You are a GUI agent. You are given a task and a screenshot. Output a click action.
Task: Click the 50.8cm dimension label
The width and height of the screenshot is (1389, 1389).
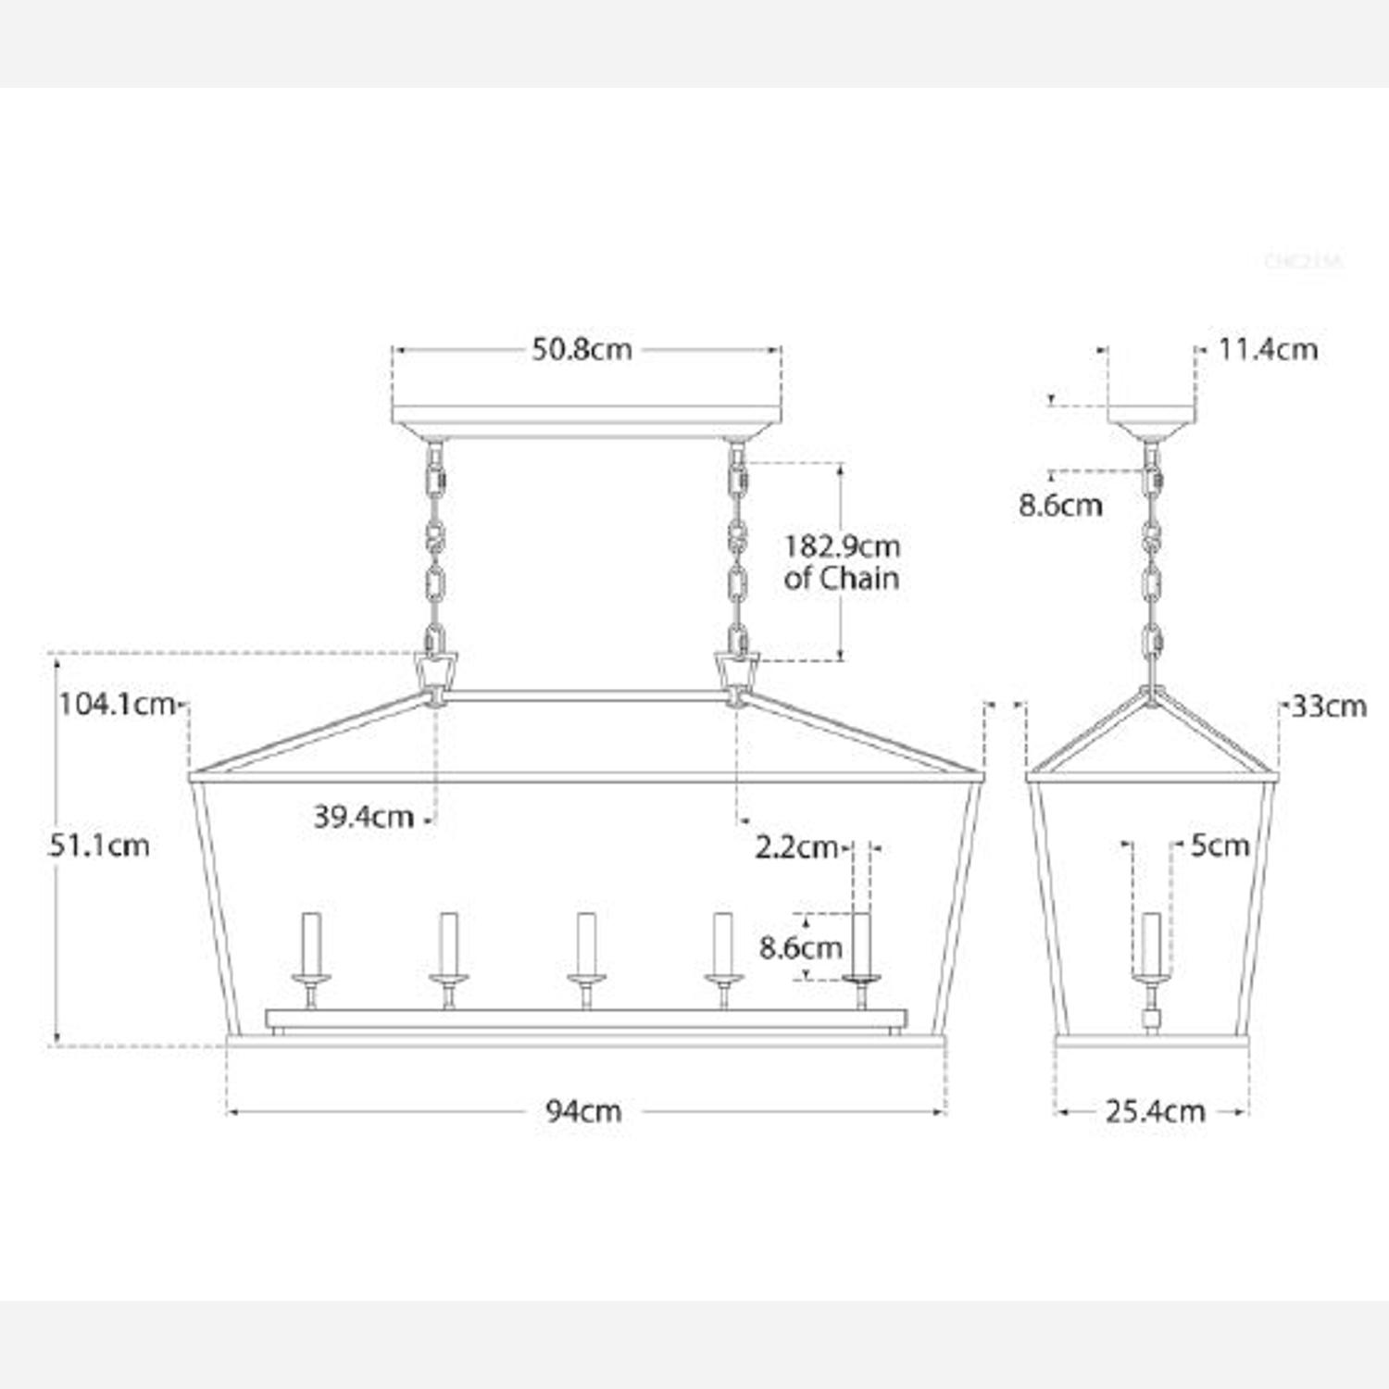click(x=582, y=350)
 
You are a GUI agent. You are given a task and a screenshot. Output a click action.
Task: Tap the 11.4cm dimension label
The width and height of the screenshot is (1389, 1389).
click(x=1268, y=350)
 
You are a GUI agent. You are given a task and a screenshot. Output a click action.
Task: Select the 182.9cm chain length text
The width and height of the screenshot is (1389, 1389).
click(x=842, y=546)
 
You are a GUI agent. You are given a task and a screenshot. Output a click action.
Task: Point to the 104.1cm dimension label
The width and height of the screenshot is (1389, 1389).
click(x=118, y=705)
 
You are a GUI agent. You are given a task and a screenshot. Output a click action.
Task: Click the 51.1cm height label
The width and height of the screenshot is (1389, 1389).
click(x=99, y=845)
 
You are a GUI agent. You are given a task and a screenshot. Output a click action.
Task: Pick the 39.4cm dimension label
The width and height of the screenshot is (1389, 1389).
click(x=363, y=817)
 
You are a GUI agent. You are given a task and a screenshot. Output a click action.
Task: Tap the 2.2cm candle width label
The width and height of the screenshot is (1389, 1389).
click(x=796, y=847)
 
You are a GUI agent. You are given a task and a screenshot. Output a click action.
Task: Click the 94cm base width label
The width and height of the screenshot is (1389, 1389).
click(x=583, y=1110)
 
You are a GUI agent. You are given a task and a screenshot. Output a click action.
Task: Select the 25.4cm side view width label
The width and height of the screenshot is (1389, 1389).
click(x=1155, y=1110)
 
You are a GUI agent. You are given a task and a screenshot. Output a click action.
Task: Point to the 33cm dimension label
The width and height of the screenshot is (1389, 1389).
click(x=1329, y=707)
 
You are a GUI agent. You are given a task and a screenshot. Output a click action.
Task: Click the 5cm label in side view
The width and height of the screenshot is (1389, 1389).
click(x=1220, y=845)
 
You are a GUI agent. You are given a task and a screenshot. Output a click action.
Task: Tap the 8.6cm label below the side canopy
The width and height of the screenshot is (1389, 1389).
click(x=1060, y=506)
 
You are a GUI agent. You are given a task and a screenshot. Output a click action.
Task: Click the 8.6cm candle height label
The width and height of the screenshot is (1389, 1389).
click(x=801, y=948)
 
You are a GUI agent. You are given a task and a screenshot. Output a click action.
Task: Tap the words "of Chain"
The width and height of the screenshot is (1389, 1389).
click(x=842, y=579)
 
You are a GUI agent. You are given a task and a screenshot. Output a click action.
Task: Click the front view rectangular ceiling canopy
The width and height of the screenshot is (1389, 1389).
click(x=586, y=421)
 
